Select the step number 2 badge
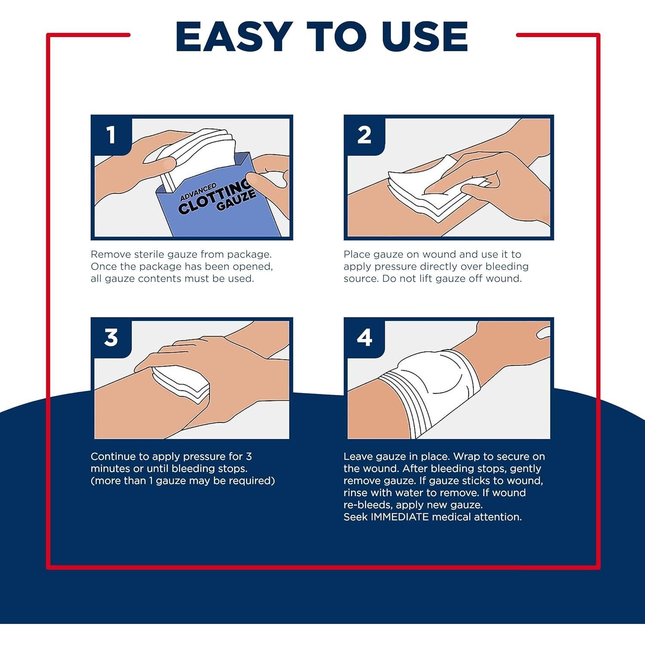(x=364, y=135)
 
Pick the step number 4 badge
(x=364, y=338)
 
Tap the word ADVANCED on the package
(x=198, y=192)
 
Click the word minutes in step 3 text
(x=110, y=468)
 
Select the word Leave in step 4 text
(x=358, y=456)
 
